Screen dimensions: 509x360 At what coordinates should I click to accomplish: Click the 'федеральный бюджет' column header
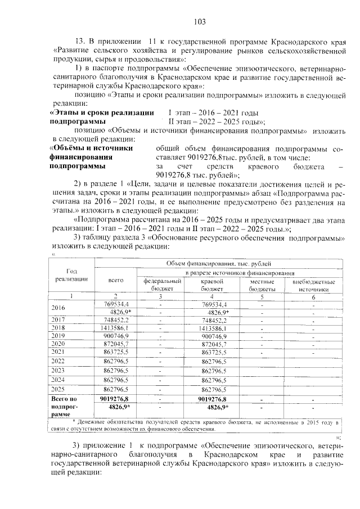pos(162,284)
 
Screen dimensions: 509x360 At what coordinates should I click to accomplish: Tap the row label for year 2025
pos(58,389)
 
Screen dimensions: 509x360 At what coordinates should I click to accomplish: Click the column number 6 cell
pos(313,296)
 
